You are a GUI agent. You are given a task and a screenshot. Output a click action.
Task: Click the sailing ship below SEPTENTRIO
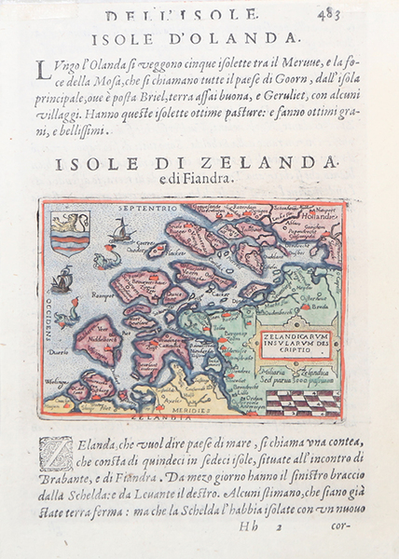click(x=122, y=230)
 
